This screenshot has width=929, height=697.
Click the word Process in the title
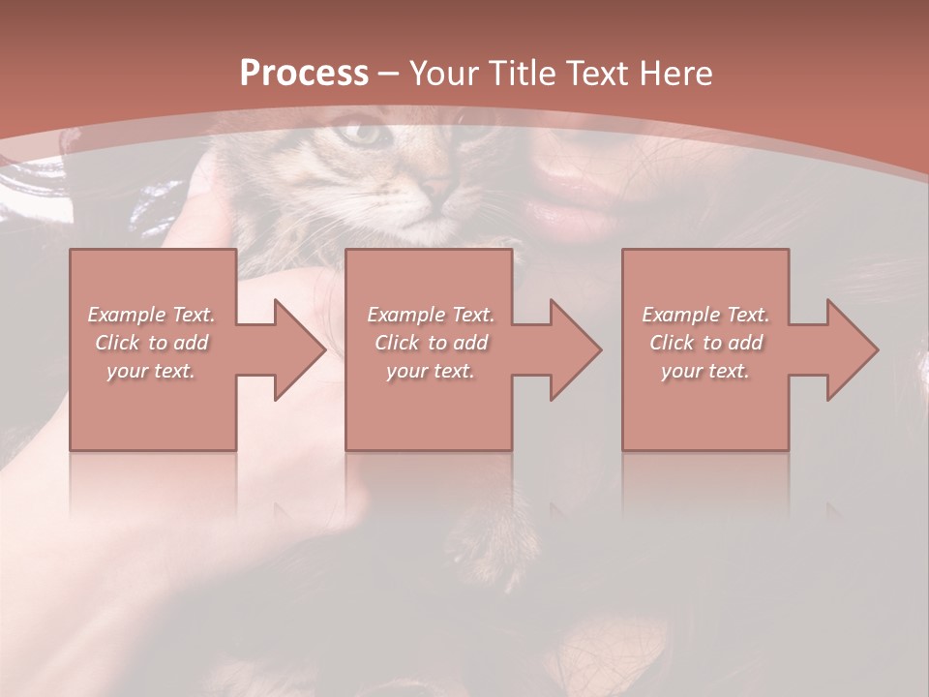tap(304, 74)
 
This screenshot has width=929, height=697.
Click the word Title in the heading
tap(521, 74)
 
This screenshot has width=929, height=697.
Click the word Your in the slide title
tap(445, 74)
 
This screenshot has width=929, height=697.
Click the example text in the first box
tap(152, 343)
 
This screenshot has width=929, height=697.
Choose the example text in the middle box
tap(431, 343)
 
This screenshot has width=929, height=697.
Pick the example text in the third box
tap(705, 343)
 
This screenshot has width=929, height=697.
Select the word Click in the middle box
tap(395, 343)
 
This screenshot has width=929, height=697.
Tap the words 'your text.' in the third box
tap(705, 371)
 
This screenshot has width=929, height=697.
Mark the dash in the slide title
tap(389, 74)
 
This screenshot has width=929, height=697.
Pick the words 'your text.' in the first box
tap(152, 371)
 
